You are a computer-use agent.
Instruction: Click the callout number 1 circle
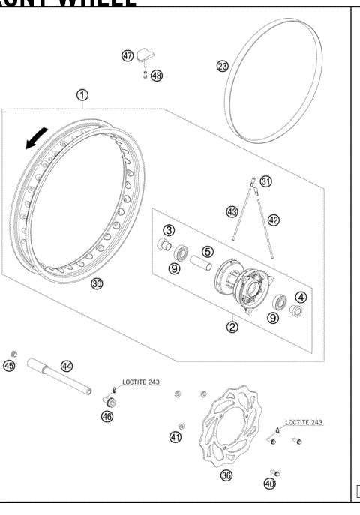(x=82, y=94)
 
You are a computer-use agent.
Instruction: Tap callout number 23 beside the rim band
(x=223, y=66)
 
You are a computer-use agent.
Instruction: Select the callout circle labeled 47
(x=127, y=55)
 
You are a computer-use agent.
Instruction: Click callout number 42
(x=273, y=219)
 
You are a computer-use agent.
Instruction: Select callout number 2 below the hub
(x=232, y=326)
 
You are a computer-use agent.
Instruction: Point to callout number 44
(x=67, y=365)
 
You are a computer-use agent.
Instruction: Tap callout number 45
(x=9, y=365)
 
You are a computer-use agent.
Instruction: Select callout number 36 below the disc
(x=224, y=475)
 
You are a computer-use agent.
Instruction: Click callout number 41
(x=175, y=436)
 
